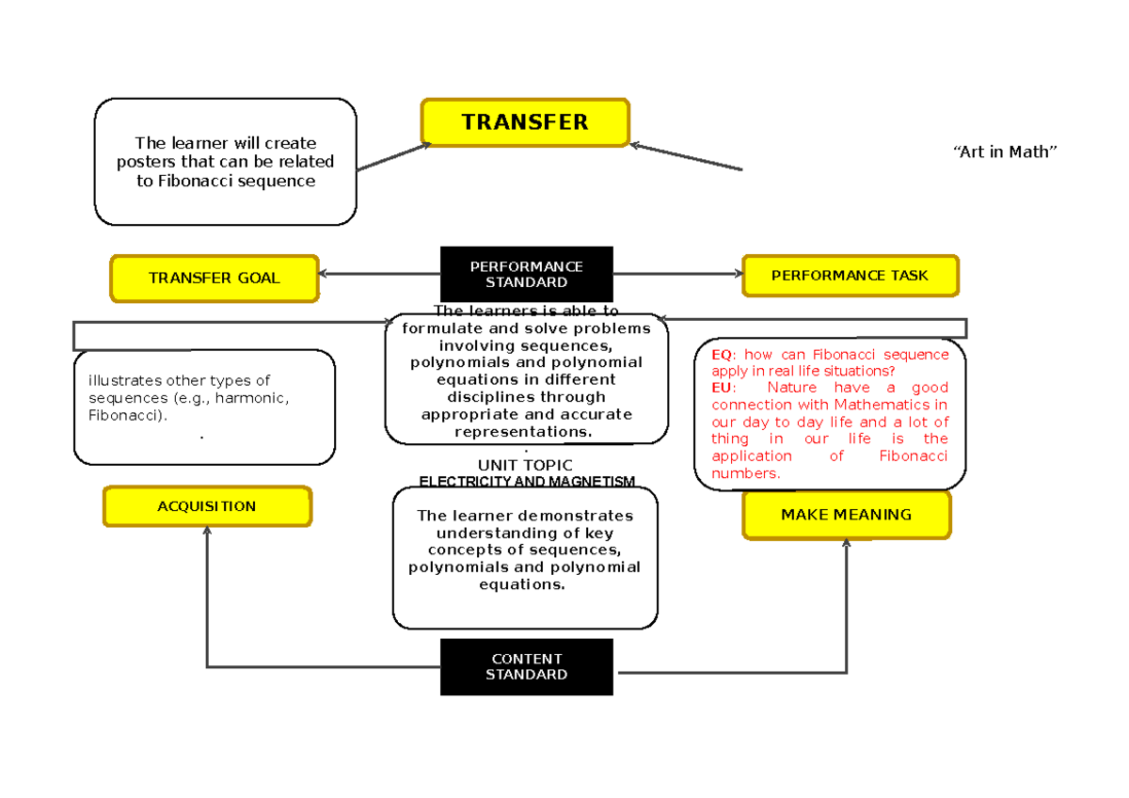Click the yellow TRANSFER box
point(524,122)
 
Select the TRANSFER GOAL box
point(215,278)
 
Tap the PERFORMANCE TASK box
point(850,276)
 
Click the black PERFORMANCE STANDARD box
point(526,274)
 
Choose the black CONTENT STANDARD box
point(526,666)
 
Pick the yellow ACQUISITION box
point(207,506)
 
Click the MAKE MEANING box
point(846,515)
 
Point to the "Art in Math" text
point(1005,152)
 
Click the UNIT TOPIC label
point(525,465)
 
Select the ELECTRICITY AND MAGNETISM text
point(527,482)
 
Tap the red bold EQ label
point(722,355)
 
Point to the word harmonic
point(252,398)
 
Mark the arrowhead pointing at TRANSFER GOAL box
point(324,274)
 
